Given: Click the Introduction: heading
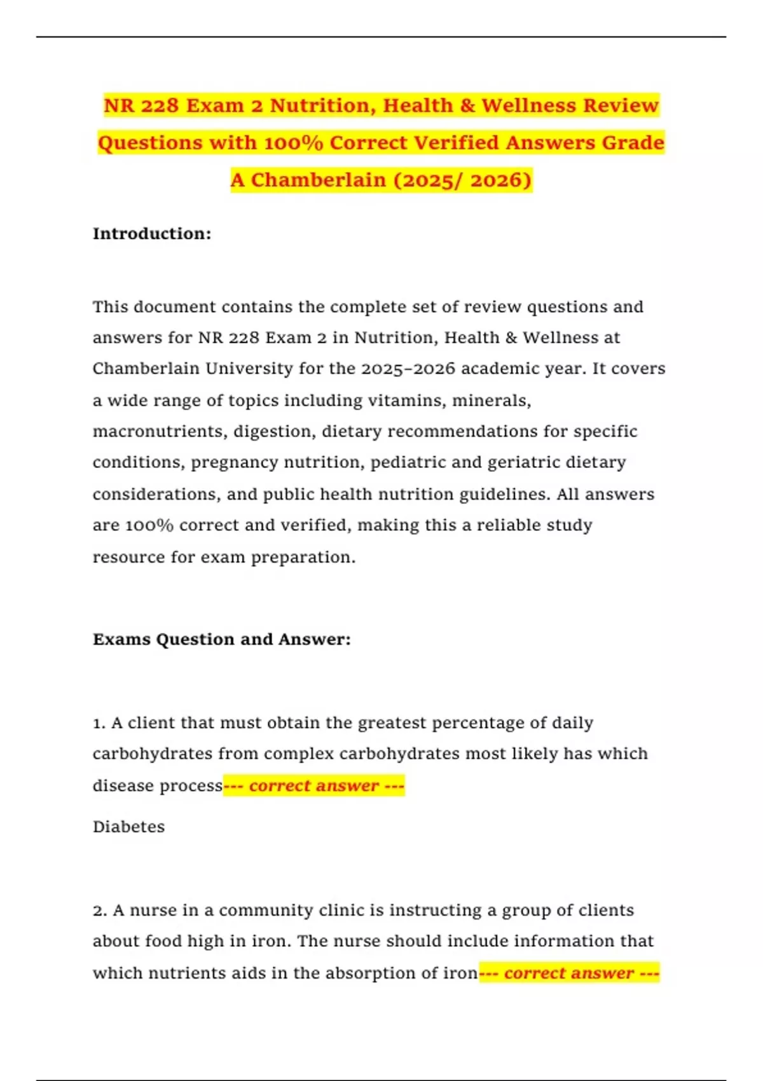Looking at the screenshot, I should (152, 233).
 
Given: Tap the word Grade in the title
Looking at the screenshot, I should (633, 142).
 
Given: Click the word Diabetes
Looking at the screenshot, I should (128, 827).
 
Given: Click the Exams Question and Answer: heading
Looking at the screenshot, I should (221, 639).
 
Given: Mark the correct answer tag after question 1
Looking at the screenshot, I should (314, 786).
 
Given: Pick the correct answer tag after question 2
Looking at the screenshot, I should (569, 974).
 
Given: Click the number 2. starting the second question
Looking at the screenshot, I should (100, 911).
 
